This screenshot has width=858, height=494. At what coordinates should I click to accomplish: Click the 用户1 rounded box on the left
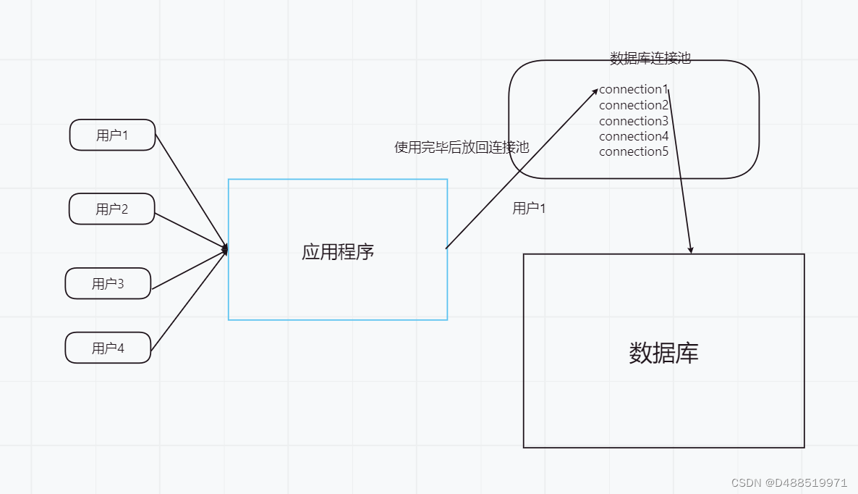pyautogui.click(x=112, y=135)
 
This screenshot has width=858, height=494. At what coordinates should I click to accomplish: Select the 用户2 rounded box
pyautogui.click(x=111, y=209)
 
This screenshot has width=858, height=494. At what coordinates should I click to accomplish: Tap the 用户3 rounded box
pyautogui.click(x=108, y=283)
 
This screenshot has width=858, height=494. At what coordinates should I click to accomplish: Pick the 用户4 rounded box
pyautogui.click(x=108, y=348)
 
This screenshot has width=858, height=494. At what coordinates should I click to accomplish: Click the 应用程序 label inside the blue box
pyautogui.click(x=338, y=252)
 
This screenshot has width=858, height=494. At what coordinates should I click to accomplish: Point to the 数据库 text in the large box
pyautogui.click(x=663, y=353)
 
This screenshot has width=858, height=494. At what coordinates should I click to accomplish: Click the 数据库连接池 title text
pyautogui.click(x=650, y=59)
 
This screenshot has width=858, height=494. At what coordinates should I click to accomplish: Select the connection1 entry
pyautogui.click(x=633, y=90)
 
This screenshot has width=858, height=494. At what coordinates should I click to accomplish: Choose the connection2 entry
pyautogui.click(x=633, y=105)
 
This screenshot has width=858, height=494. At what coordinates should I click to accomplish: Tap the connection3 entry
pyautogui.click(x=633, y=121)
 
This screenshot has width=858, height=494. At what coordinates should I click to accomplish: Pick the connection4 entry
pyautogui.click(x=633, y=136)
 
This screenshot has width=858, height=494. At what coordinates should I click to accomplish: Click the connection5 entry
pyautogui.click(x=633, y=151)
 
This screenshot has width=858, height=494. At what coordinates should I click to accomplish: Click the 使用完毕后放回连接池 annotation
pyautogui.click(x=461, y=147)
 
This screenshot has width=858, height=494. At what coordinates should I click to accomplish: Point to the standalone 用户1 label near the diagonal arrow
pyautogui.click(x=529, y=209)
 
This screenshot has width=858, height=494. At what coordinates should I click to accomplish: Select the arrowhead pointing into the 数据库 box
pyautogui.click(x=691, y=250)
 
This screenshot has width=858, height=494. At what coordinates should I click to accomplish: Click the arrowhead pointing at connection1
pyautogui.click(x=595, y=91)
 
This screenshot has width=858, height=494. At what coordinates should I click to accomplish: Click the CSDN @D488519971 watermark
pyautogui.click(x=789, y=482)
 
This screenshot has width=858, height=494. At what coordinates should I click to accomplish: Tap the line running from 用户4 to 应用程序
pyautogui.click(x=188, y=299)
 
